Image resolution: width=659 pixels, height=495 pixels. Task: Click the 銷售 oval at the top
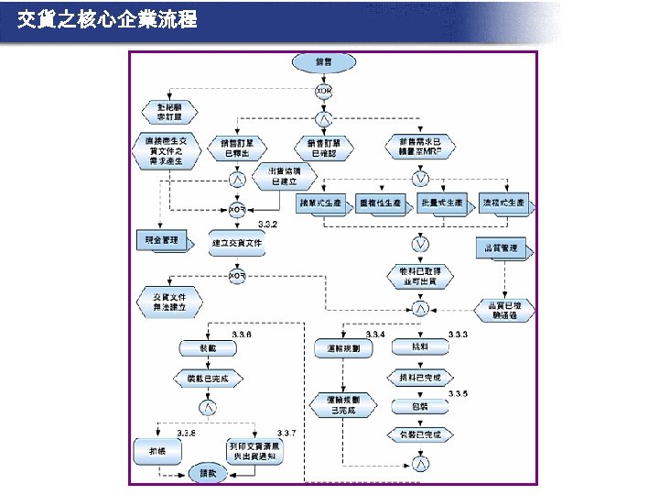(x=323, y=62)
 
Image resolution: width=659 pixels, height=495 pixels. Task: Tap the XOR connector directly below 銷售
(x=323, y=92)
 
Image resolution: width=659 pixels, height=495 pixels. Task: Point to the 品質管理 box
(x=502, y=247)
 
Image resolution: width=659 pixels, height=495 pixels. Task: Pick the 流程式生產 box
(x=502, y=203)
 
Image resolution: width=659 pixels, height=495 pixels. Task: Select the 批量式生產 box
(x=441, y=203)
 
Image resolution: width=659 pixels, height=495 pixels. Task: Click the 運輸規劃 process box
(x=343, y=348)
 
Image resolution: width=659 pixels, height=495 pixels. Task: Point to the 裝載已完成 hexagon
(x=208, y=378)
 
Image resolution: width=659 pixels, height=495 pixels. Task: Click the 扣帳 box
(x=158, y=450)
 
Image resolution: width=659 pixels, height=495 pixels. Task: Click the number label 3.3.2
(x=267, y=225)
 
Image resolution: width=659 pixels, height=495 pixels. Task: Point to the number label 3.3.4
(x=375, y=335)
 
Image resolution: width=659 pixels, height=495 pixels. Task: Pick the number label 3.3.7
(x=286, y=432)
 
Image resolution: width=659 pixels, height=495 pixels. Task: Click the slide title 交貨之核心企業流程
(x=107, y=18)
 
